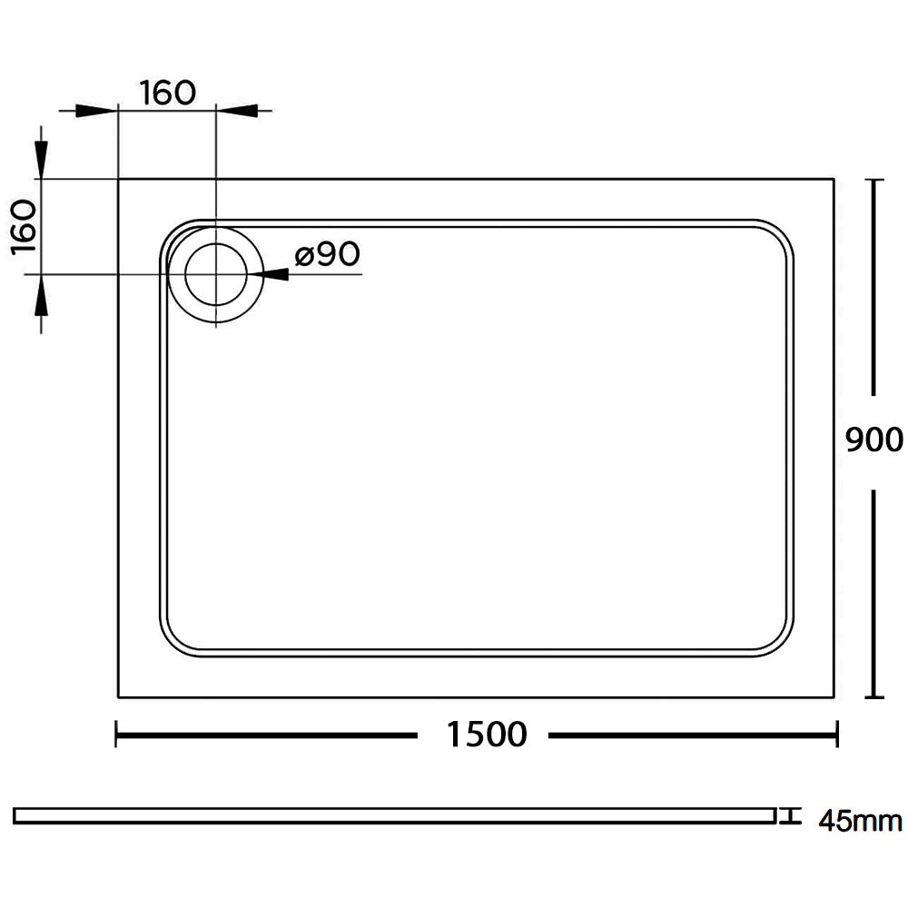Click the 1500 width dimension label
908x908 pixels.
487,734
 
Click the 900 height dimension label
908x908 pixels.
873,440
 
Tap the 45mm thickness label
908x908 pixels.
860,821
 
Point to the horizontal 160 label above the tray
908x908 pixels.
168,93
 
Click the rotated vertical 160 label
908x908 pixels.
25,227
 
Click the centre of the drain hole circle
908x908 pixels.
216,273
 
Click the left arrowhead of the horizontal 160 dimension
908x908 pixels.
96,110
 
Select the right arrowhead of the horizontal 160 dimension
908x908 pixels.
236,110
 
